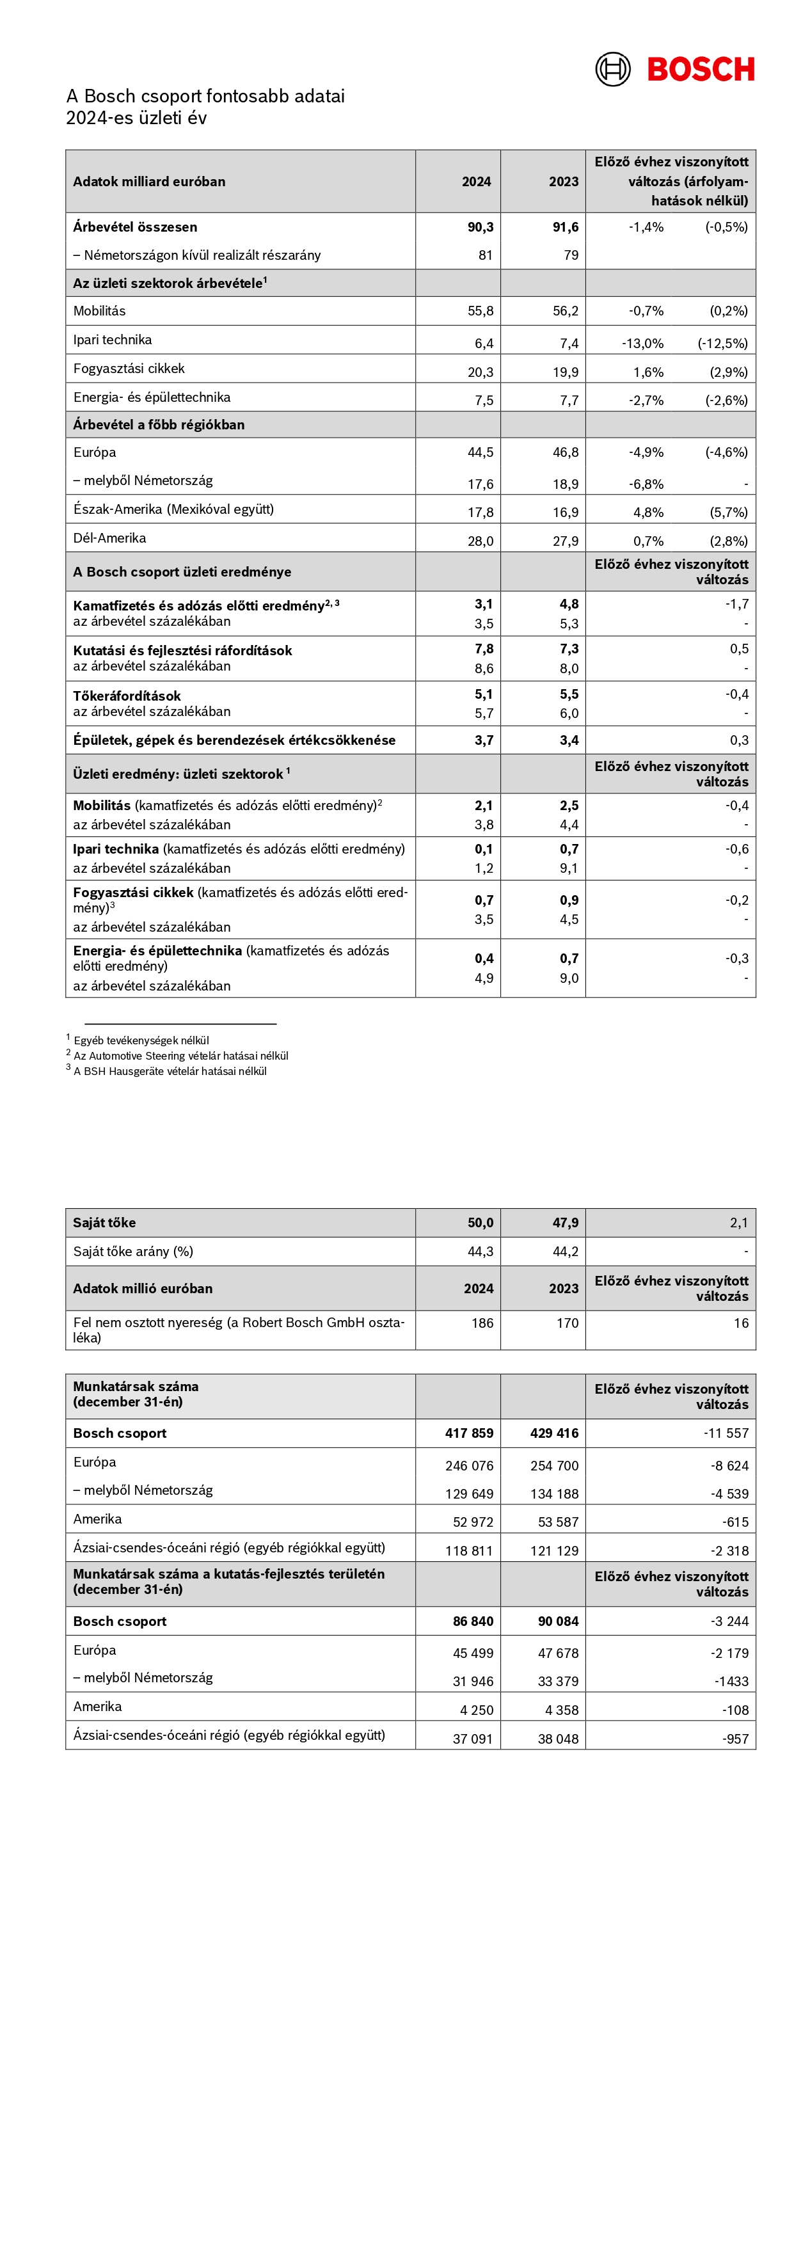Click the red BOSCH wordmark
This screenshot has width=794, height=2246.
[701, 70]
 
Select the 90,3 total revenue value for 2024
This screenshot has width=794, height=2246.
[480, 227]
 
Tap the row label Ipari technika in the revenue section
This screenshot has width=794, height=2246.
[113, 340]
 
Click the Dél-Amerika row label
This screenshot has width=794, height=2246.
[110, 538]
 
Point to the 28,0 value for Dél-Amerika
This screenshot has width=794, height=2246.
[480, 541]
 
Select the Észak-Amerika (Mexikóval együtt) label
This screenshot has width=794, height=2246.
[173, 509]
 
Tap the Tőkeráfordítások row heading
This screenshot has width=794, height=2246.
[127, 696]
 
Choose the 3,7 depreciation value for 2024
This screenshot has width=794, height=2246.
[484, 740]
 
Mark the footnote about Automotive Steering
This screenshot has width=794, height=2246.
[180, 1056]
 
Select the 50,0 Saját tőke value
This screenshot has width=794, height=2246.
[480, 1222]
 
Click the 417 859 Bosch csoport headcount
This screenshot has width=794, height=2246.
[469, 1433]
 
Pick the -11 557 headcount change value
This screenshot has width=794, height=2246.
[726, 1433]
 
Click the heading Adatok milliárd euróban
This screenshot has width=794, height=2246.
[149, 181]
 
